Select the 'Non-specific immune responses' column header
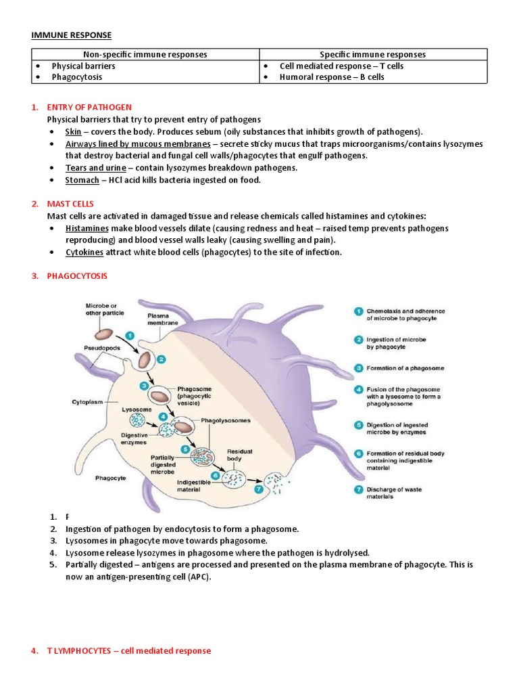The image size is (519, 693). pos(145,54)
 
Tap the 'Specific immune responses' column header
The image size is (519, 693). pos(372,54)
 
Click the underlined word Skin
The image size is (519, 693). pos(73,131)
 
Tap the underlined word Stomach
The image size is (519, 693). pos(82,180)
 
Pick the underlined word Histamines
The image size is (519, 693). pos(87,228)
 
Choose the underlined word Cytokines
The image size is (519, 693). pos(84,252)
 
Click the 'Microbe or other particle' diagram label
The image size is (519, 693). pos(101,309)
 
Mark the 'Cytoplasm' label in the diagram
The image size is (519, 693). pos(88,401)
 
